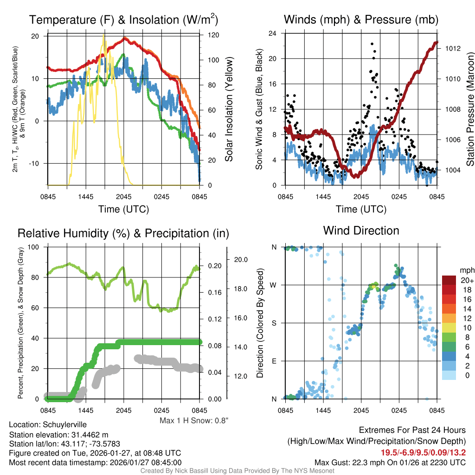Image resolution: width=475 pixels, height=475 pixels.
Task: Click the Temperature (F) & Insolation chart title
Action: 123,20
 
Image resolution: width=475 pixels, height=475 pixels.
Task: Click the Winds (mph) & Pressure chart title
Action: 361,20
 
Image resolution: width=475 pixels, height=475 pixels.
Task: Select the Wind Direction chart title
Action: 361,231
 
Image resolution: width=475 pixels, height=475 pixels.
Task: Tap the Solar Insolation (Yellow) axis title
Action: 229,109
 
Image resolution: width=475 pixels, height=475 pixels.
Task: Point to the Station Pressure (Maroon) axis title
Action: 470,109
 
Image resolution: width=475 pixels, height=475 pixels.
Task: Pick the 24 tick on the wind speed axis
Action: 273,33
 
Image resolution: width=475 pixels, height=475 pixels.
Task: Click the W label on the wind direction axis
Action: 274,285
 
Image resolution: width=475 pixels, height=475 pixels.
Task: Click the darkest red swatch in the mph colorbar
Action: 450,280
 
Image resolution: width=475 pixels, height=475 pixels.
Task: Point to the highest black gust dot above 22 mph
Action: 372,44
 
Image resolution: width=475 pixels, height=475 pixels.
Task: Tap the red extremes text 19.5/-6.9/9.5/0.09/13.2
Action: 423,453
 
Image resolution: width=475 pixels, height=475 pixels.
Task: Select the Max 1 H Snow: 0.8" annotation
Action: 194,421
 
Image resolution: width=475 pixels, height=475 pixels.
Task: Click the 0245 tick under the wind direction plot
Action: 399,411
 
